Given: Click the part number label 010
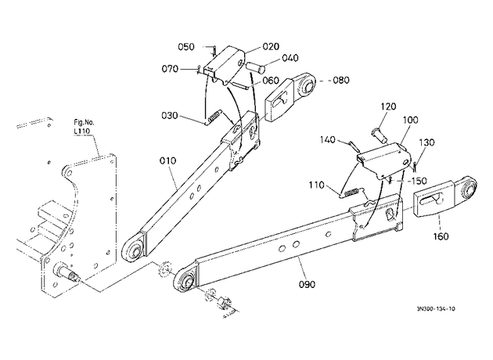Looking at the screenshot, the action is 167,161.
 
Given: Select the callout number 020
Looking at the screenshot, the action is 271,46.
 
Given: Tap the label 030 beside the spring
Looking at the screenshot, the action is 170,116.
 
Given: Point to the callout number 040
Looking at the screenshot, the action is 290,58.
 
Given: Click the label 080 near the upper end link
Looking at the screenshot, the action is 341,80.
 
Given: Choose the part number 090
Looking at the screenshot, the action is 307,285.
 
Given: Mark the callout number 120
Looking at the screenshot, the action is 388,106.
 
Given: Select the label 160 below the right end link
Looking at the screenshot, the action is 441,236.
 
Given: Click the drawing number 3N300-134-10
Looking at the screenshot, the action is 436,309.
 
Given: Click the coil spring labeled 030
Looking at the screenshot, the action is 214,117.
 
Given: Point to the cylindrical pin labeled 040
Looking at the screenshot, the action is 255,67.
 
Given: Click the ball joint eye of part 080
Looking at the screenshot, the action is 307,85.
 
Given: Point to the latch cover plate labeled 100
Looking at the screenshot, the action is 384,160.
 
